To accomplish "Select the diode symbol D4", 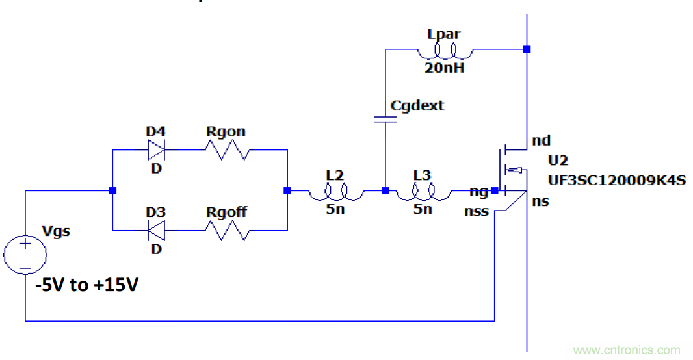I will pos(155,151).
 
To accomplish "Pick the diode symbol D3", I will pos(155,230).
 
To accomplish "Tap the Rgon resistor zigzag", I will pos(226,151).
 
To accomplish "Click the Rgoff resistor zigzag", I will pos(226,230).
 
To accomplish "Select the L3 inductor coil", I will pos(423,191).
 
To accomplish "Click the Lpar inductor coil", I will pos(444,49).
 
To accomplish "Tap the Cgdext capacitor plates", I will pos(385,119).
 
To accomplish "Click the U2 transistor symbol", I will pos(510,170).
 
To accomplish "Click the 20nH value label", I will pos(444,67).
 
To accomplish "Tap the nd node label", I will pos(541,140).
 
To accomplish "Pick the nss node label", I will pos(477,212).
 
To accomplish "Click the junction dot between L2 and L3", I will pos(385,191).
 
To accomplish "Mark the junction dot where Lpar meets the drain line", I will pos(527,49).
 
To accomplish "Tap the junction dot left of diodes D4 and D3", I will pos(112,191).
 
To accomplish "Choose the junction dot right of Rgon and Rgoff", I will pos(287,191).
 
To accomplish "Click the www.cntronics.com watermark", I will pos(627,350).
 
